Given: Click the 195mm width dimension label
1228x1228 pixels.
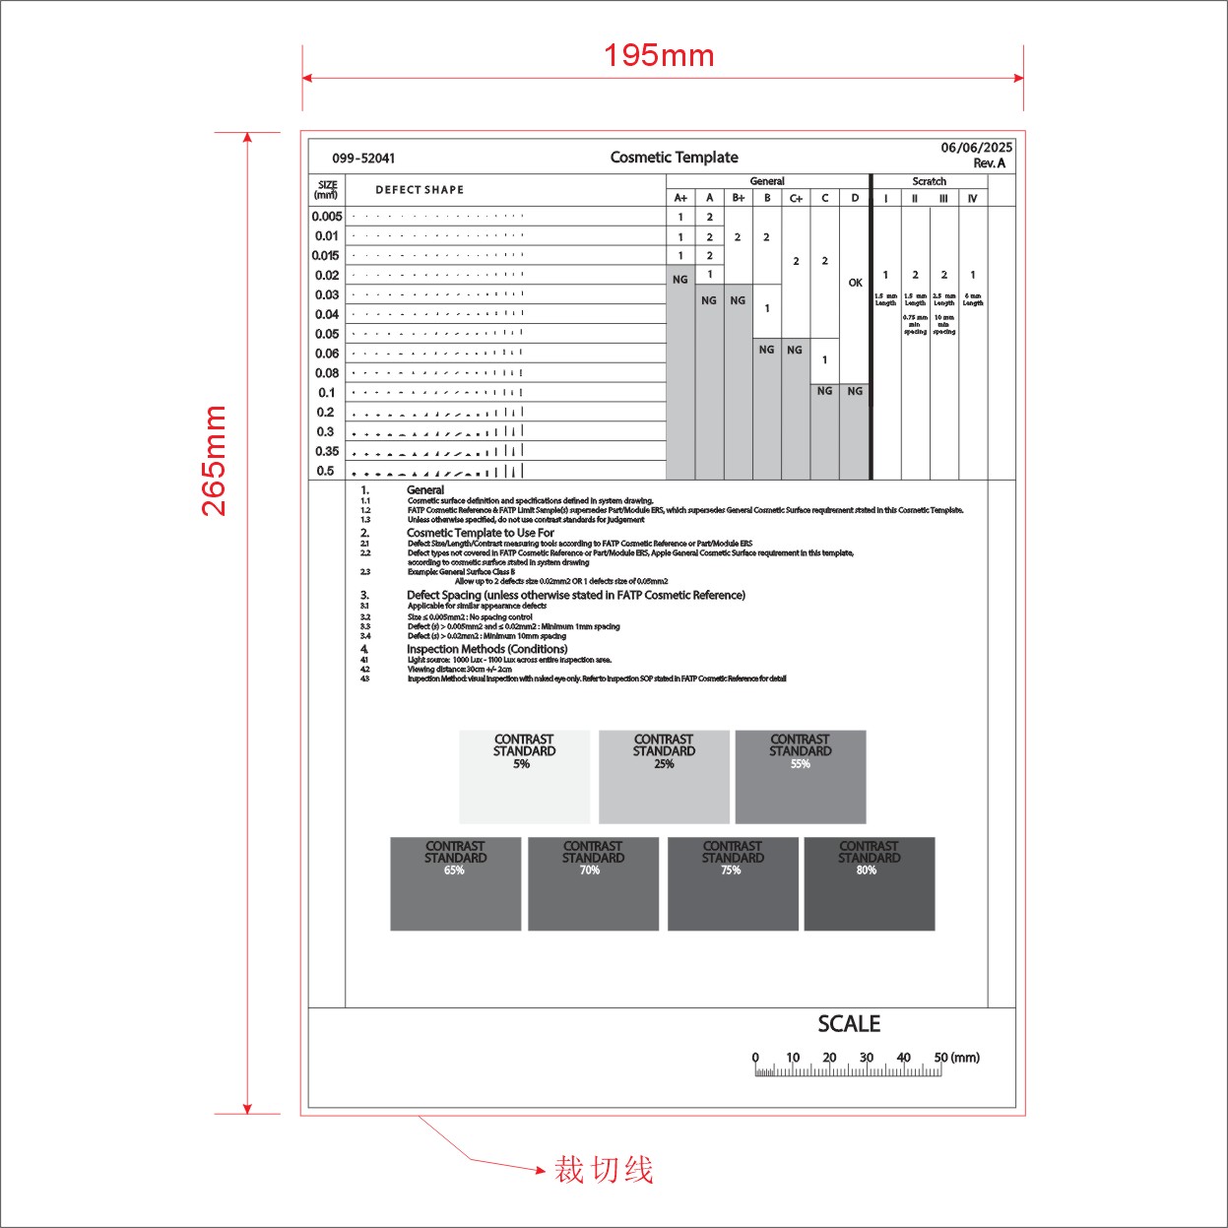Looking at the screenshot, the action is pos(659,55).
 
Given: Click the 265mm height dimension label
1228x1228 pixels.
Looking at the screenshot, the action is pos(215,460).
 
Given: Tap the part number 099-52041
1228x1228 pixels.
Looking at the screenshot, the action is pos(363,158).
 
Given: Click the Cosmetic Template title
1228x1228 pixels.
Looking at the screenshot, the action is pos(674,158).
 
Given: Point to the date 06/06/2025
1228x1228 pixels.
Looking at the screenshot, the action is pos(976,148).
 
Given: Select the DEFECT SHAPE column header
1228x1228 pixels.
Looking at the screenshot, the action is pos(420,190).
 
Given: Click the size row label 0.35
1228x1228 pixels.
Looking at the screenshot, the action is pos(327,451).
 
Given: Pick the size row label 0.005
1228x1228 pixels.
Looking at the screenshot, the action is pos(327,217).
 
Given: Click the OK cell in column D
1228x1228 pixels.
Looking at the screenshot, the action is pos(855,283).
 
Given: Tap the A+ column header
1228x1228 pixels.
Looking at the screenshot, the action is pos(680,198).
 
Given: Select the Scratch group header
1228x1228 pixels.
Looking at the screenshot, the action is pos(929,181).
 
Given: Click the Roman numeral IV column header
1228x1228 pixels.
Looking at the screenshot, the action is pos(972,198).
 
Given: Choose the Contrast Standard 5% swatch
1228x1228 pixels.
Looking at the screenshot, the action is pos(524,776).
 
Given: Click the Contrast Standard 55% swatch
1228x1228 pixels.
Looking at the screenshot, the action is pos(801,776).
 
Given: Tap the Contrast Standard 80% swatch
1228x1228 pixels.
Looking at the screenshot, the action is pos(869,883).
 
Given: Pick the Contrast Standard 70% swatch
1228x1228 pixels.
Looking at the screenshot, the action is pos(593,883).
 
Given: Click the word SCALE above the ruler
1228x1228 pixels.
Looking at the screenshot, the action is pos(849,1024).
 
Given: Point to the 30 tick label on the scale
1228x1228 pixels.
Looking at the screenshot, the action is pos(867,1058).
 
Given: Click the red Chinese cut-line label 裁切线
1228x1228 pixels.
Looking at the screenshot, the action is pos(604,1170).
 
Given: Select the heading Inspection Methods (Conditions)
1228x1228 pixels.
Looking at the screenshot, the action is pos(487,649).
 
